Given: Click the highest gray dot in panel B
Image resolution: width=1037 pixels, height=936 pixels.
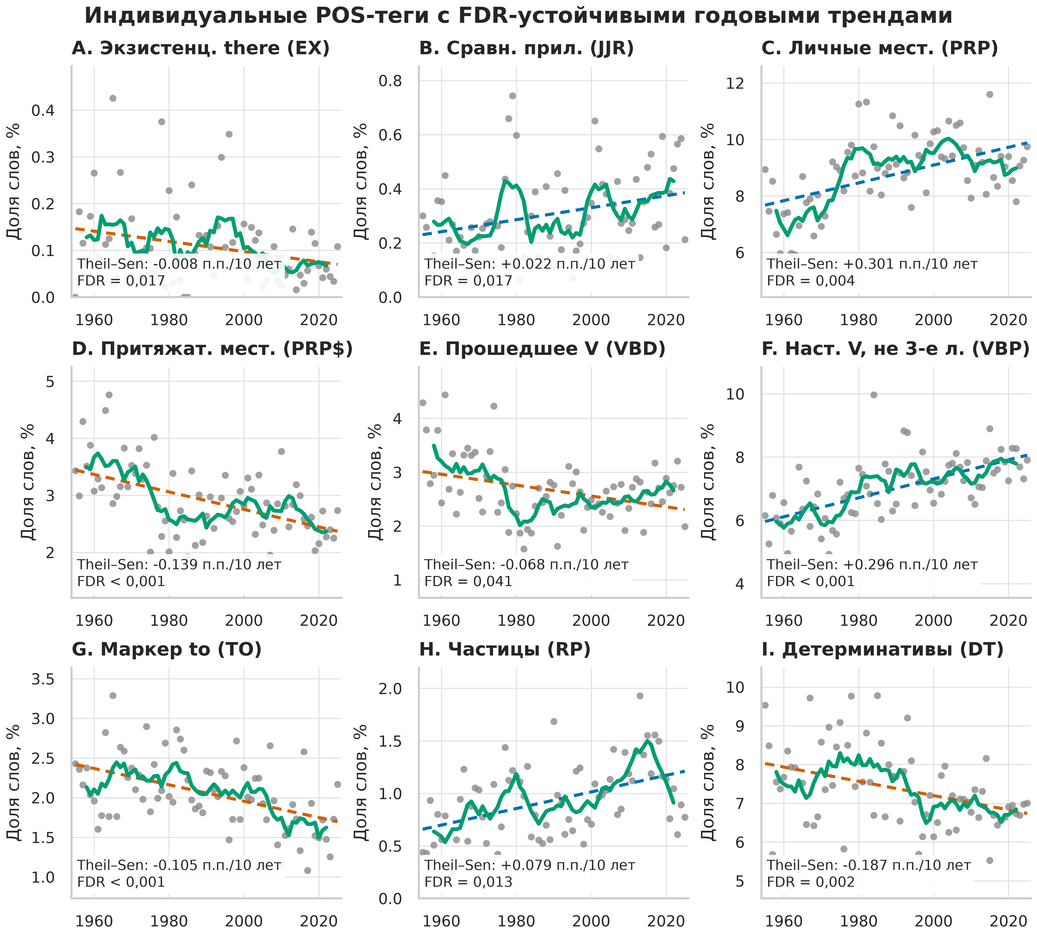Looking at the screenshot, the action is tap(512, 96).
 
